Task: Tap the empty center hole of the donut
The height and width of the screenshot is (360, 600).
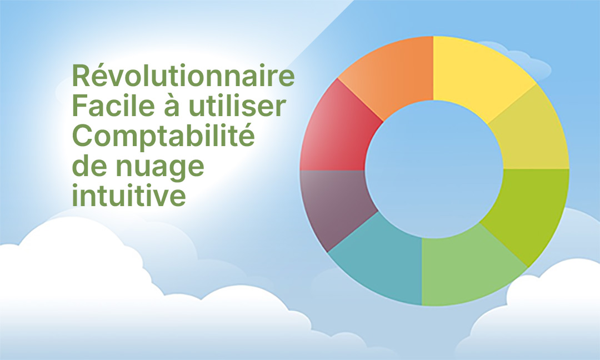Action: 434,169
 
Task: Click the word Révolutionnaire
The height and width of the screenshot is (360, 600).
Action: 183,76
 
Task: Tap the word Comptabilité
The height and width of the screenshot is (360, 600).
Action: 163,137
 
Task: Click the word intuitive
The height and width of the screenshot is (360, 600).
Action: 129,195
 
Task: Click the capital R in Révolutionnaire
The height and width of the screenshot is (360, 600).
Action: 81,76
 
